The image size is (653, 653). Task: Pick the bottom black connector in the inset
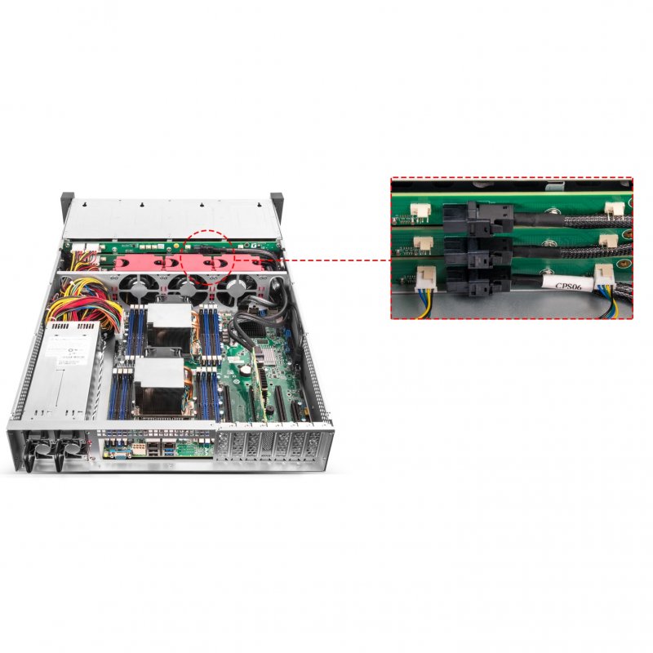tap(487, 280)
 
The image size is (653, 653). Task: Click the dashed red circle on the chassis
tap(211, 255)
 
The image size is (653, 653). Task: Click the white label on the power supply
tap(67, 348)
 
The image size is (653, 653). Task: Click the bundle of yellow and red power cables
tap(78, 304)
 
